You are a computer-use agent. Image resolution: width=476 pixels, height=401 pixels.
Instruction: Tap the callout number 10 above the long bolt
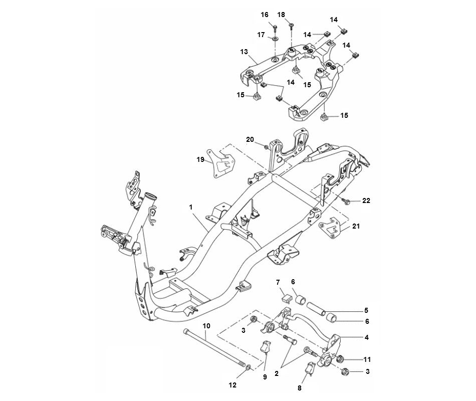pos(206,326)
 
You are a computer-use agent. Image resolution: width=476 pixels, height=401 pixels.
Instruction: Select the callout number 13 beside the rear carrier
pos(244,52)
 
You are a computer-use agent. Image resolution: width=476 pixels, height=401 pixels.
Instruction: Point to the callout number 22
pos(366,200)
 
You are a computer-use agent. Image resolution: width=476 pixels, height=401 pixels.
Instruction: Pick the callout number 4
pos(367,337)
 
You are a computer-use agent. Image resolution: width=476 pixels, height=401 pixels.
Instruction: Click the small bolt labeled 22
pos(346,201)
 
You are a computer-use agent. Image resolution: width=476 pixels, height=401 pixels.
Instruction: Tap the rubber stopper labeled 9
pos(265,347)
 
